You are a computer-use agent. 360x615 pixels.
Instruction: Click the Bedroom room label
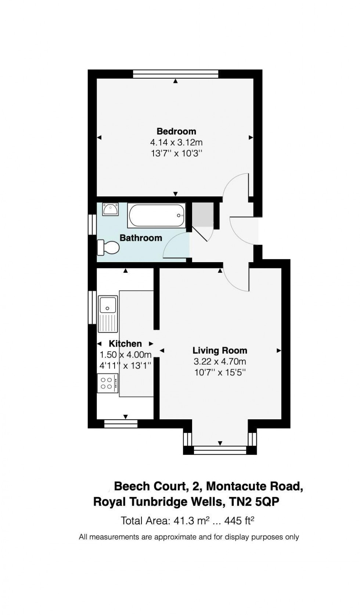[x=176, y=131]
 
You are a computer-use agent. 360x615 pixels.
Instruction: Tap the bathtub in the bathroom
[x=156, y=216]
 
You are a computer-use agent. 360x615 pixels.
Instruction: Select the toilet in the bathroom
[x=108, y=247]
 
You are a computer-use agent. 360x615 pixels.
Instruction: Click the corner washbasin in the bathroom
[x=110, y=209]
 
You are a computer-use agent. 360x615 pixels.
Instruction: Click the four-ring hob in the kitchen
[x=108, y=383]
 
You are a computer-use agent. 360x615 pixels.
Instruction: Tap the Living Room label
[x=220, y=350]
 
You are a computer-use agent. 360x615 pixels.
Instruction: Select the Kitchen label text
[x=125, y=344]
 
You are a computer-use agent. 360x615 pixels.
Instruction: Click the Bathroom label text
[x=141, y=238]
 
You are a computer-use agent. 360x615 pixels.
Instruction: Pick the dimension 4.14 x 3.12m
[x=176, y=142]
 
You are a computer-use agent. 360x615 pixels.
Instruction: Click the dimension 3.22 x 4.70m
[x=220, y=361]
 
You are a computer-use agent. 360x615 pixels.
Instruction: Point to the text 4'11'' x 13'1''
[x=125, y=366]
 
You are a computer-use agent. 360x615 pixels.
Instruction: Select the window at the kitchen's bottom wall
[x=120, y=424]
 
